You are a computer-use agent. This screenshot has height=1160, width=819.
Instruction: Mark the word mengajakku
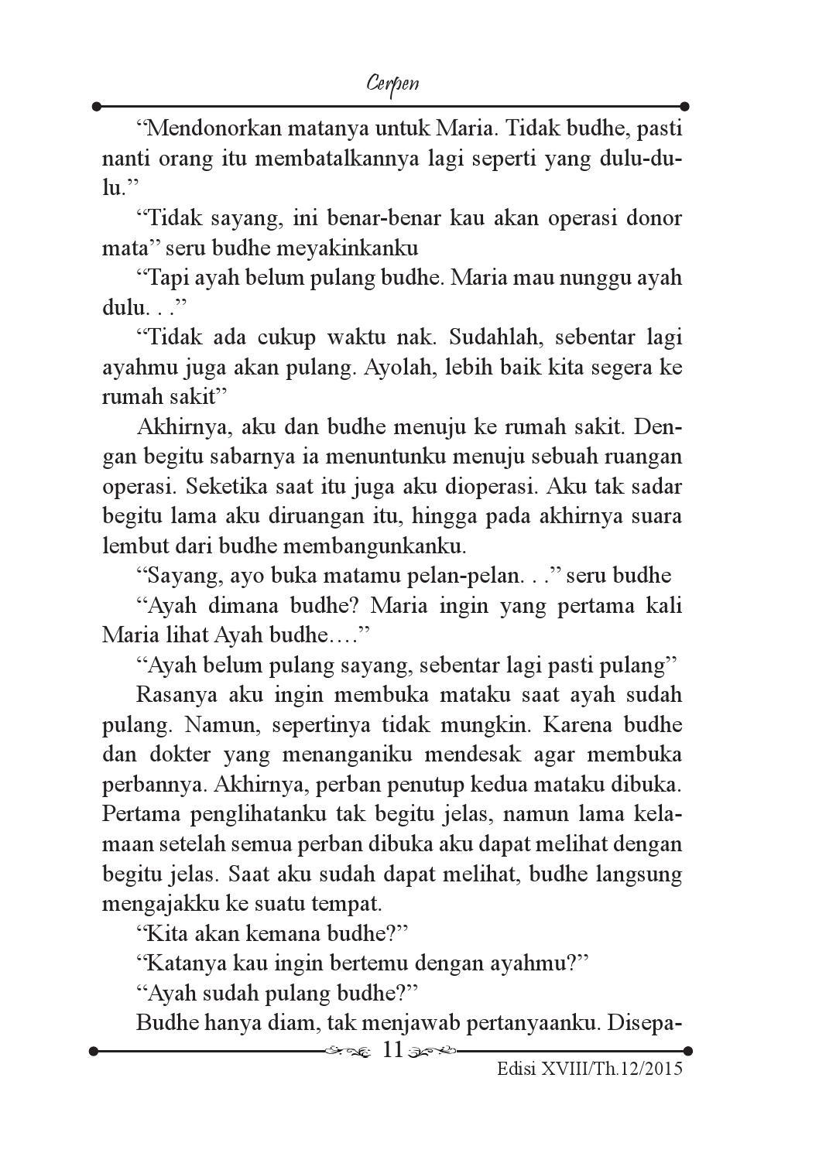[x=162, y=904]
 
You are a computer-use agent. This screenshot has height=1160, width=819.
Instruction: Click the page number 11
[x=393, y=1050]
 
